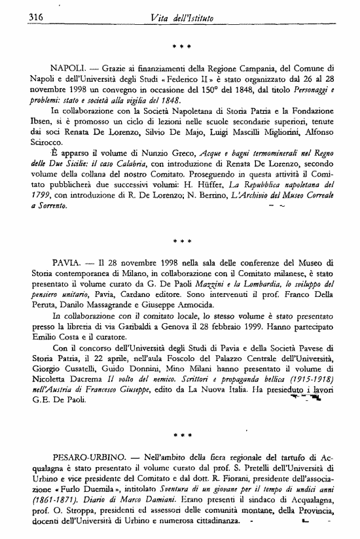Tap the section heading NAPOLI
(x=68, y=69)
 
